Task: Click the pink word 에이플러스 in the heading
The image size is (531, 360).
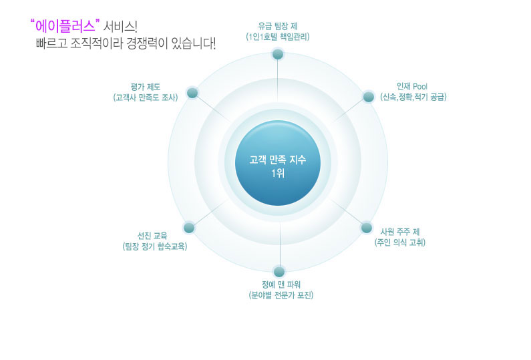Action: coord(65,27)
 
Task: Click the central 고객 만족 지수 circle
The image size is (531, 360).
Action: coord(278,163)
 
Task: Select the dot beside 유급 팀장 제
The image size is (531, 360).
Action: coord(278,54)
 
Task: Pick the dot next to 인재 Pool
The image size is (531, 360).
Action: coord(369,97)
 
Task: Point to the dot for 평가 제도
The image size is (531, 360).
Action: coord(192,93)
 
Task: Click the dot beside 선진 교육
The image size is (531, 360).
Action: coord(189,228)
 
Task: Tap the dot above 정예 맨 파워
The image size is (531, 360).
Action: coord(279,272)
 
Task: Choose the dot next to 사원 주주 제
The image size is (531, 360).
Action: coord(367,228)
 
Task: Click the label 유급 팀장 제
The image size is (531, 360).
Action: coord(278,27)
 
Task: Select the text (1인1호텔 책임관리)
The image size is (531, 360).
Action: coord(278,37)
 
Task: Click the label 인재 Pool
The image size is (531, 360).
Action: coord(412,86)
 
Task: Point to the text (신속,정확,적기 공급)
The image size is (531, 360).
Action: coord(413,98)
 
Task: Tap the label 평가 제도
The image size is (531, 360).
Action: coord(146,87)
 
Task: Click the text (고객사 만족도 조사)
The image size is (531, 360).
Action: coord(146,98)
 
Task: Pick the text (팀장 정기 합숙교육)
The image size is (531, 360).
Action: coord(155,246)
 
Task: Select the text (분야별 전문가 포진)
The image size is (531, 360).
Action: coord(281,295)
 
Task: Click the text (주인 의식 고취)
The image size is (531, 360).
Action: coord(400,242)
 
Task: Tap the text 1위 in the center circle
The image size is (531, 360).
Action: coord(278,174)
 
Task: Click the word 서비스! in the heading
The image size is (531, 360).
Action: coord(120,27)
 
